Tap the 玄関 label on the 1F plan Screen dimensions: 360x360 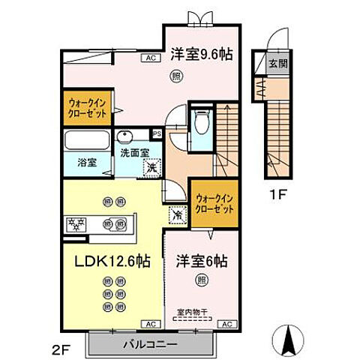tap(277, 64)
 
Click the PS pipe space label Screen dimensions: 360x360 tap(157, 134)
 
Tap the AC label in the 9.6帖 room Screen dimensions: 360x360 tap(149, 58)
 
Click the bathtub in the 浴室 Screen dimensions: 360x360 tap(85, 140)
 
